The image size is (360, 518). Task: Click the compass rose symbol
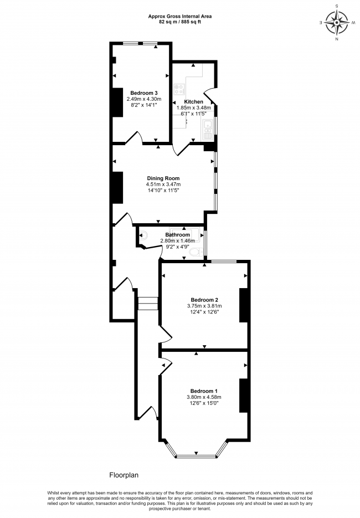pos(337,23)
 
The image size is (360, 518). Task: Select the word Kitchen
pos(193,102)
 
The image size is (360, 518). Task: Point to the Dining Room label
pos(163,178)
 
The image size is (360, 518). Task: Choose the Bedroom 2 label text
pos(204,300)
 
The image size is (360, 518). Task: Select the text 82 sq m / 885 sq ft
pos(179,23)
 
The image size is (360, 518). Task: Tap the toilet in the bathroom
pos(194,253)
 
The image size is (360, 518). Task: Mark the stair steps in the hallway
pos(148,304)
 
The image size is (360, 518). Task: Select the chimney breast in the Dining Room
pos(117,188)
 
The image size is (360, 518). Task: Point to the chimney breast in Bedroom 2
pos(243,305)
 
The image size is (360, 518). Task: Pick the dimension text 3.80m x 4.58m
pos(204,397)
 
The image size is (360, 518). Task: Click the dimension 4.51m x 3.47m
pos(163,184)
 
